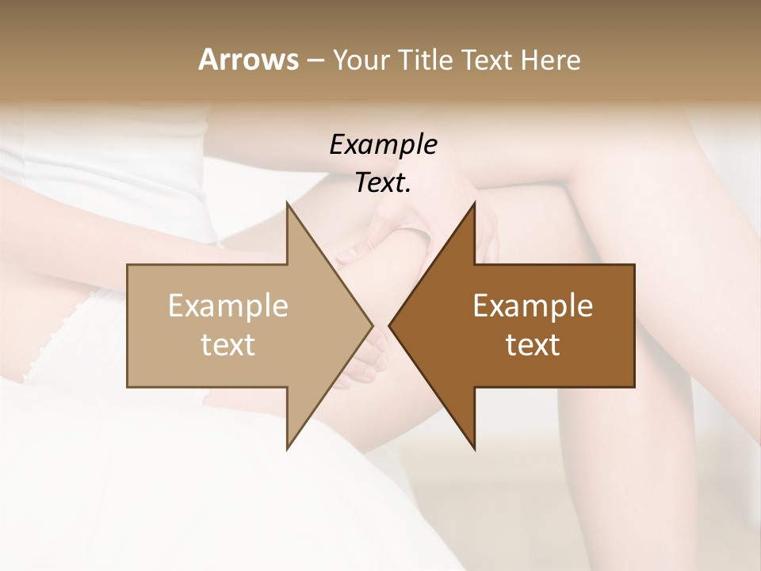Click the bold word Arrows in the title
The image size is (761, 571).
248,59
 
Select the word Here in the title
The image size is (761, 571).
551,59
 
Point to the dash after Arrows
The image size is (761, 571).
315,60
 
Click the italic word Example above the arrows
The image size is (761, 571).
383,144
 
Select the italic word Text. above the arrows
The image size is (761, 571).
383,182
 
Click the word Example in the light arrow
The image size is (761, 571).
228,305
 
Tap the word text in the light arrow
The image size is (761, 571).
228,344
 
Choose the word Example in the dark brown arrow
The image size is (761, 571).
533,305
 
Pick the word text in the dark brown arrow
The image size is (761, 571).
533,344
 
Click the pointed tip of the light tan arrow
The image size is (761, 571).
372,325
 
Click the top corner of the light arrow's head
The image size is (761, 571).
287,203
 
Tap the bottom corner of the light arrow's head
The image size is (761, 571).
287,448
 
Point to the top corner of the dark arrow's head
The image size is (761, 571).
475,203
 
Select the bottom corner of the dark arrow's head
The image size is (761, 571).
475,448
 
